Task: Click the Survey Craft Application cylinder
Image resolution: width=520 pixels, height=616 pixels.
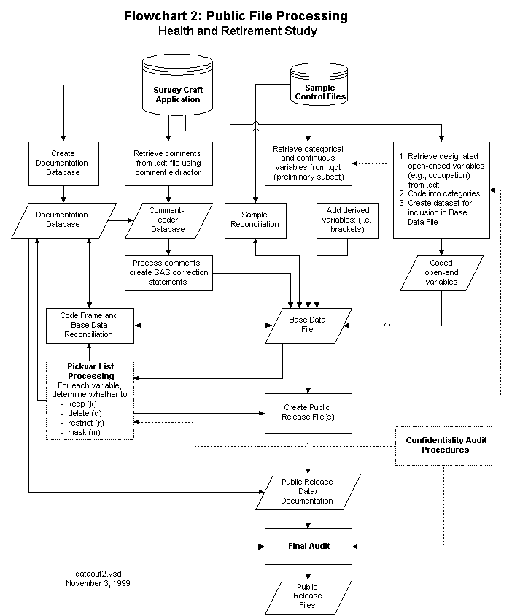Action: pyautogui.click(x=177, y=85)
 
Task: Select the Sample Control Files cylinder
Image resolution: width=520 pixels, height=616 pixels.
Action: pyautogui.click(x=319, y=84)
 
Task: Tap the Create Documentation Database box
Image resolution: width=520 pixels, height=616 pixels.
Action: pyautogui.click(x=63, y=163)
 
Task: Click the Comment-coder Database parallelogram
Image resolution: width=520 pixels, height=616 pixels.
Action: pyautogui.click(x=168, y=220)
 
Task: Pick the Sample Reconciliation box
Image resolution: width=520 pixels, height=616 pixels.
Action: pyautogui.click(x=255, y=220)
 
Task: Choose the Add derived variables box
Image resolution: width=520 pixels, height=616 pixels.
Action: pyautogui.click(x=348, y=220)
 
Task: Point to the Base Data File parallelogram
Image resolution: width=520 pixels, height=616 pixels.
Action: pyautogui.click(x=308, y=326)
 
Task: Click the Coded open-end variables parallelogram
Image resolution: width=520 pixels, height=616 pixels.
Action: pyautogui.click(x=441, y=273)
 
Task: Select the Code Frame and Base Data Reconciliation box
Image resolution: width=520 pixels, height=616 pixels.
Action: pyautogui.click(x=90, y=326)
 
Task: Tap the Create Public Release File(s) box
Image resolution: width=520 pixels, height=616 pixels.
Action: pyautogui.click(x=308, y=413)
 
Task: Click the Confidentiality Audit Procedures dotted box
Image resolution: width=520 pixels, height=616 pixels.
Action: pyautogui.click(x=444, y=446)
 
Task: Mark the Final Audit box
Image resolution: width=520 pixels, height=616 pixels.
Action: pyautogui.click(x=308, y=547)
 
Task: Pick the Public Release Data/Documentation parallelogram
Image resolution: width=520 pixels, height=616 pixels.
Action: pyautogui.click(x=308, y=492)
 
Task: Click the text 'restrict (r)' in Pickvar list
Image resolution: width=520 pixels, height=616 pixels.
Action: pyautogui.click(x=86, y=423)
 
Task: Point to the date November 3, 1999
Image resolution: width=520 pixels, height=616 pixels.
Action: pyautogui.click(x=98, y=583)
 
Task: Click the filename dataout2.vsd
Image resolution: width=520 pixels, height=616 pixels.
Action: pyautogui.click(x=98, y=574)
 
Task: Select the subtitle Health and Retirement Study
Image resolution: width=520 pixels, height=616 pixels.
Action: pyautogui.click(x=238, y=31)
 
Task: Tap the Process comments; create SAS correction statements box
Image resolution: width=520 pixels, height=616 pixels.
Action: pyautogui.click(x=168, y=273)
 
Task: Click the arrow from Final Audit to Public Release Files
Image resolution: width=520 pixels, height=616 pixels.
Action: pyautogui.click(x=308, y=572)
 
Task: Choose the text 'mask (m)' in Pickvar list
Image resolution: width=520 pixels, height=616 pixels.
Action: pyautogui.click(x=84, y=432)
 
